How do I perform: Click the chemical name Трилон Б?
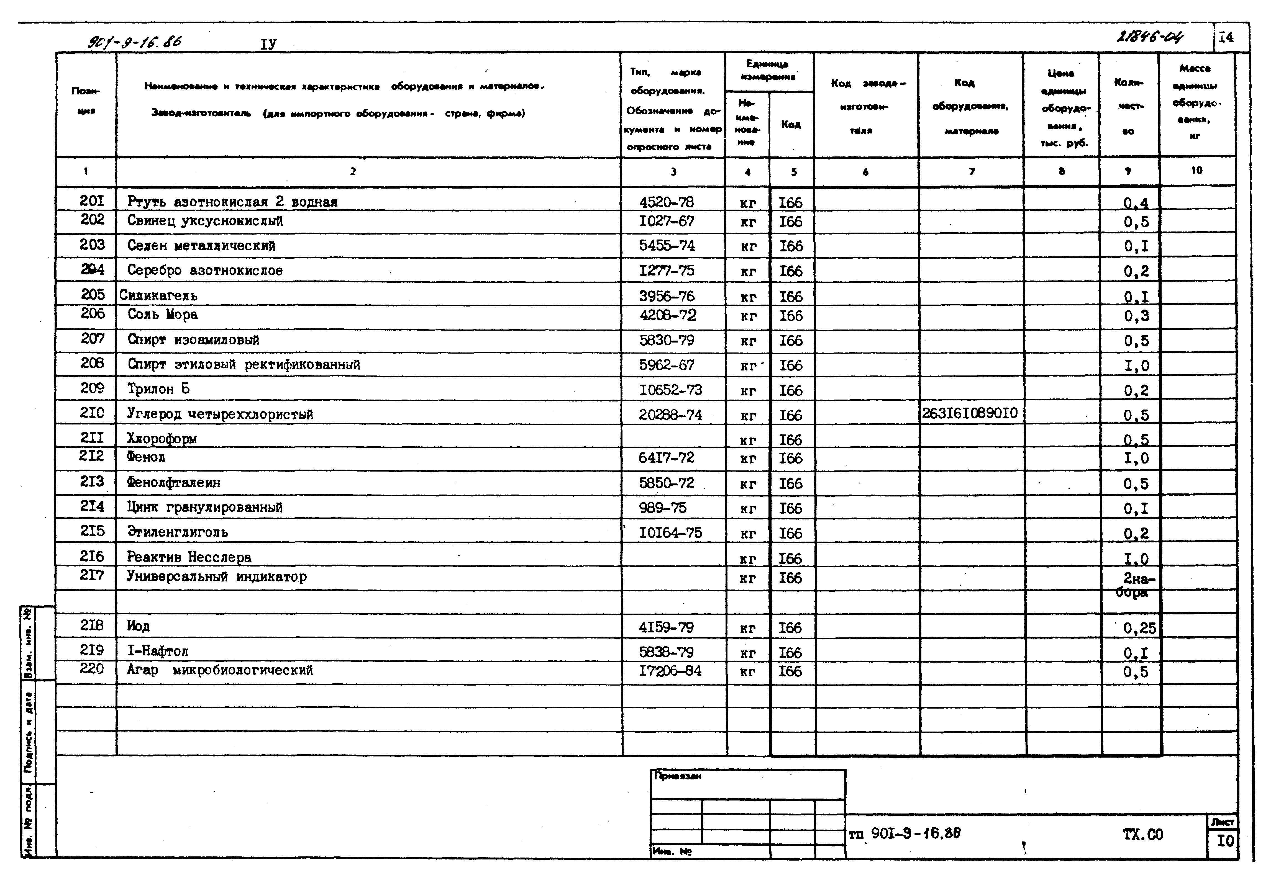click(x=158, y=389)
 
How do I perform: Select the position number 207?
click(x=93, y=339)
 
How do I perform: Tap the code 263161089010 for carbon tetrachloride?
click(x=969, y=413)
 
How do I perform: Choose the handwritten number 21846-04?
click(x=1150, y=38)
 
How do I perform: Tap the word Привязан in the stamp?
click(x=678, y=776)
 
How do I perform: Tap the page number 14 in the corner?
click(x=1226, y=38)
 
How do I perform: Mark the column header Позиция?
click(x=86, y=101)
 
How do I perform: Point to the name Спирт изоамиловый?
click(x=193, y=340)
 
